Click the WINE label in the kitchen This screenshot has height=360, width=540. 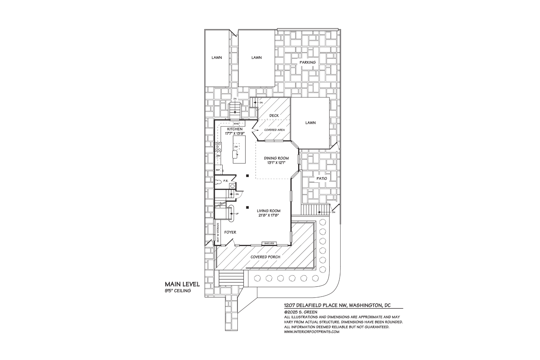236,124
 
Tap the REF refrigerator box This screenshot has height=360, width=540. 218,170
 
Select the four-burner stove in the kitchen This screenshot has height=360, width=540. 218,147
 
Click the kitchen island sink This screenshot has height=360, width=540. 235,154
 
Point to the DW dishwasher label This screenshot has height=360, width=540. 236,146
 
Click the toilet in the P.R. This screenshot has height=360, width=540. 218,181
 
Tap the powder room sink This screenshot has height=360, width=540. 232,186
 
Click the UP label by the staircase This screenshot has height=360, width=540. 237,214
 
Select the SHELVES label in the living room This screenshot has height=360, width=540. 269,243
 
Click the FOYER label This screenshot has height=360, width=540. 230,232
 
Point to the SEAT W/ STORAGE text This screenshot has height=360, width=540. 218,232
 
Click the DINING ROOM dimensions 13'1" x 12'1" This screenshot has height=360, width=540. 276,163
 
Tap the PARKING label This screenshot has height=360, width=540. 308,62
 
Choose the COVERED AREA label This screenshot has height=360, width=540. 274,130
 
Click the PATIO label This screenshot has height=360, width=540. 322,178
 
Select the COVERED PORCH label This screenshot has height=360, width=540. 265,257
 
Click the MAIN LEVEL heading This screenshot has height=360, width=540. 182,284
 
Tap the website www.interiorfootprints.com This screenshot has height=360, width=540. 311,331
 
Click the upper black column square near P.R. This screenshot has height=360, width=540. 247,176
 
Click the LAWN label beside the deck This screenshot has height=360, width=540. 310,123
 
